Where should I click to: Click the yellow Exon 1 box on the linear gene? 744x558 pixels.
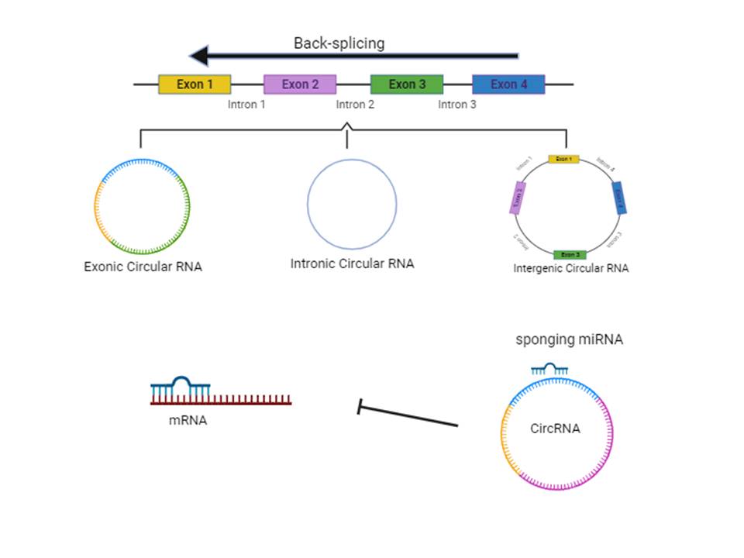[195, 84]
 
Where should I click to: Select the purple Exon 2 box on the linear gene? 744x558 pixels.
[300, 84]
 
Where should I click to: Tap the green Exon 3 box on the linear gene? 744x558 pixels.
[407, 84]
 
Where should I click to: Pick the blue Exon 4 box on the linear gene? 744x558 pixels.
[508, 84]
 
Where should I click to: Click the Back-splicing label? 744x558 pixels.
[339, 43]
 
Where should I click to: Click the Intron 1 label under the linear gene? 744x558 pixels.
[246, 105]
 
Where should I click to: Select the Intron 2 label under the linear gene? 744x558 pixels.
[355, 105]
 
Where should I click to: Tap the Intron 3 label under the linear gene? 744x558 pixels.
[457, 105]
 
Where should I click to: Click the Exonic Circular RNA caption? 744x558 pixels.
[143, 267]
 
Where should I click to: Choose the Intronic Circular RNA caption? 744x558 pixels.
[352, 263]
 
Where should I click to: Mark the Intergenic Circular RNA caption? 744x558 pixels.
[571, 269]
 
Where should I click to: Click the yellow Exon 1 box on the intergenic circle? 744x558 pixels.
[564, 159]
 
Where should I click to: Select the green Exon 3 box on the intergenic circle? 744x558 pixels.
[570, 254]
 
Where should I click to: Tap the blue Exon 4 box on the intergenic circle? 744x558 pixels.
[619, 198]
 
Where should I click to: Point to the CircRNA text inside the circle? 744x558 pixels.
[555, 428]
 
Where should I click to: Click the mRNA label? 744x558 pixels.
[188, 421]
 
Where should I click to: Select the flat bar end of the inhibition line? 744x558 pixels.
[359, 407]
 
